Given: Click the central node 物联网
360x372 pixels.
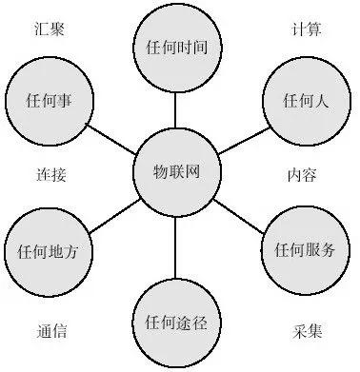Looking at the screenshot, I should pyautogui.click(x=175, y=174).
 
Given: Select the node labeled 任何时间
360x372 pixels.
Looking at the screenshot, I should pyautogui.click(x=175, y=47).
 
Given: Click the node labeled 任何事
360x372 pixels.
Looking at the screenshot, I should pyautogui.click(x=48, y=98).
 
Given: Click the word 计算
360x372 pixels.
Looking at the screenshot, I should pyautogui.click(x=306, y=29).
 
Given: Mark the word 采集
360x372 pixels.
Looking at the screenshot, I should pyautogui.click(x=306, y=332).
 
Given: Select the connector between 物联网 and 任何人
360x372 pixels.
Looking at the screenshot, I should pyautogui.click(x=239, y=138).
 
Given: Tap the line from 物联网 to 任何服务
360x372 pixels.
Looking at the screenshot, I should pyautogui.click(x=239, y=212).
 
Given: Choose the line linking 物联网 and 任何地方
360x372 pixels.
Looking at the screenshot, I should pyautogui.click(x=111, y=212).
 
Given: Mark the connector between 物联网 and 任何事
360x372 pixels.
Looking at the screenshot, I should pyautogui.click(x=112, y=137).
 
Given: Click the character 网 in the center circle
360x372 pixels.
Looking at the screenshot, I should pyautogui.click(x=196, y=174).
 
